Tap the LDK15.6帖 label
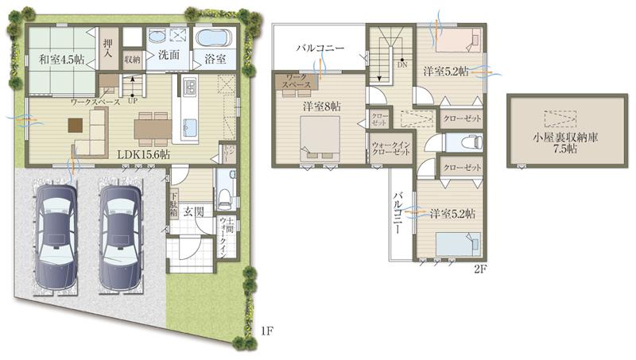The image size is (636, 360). point(144,154)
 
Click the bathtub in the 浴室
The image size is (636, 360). point(212,37)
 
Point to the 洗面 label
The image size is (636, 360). point(167,56)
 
